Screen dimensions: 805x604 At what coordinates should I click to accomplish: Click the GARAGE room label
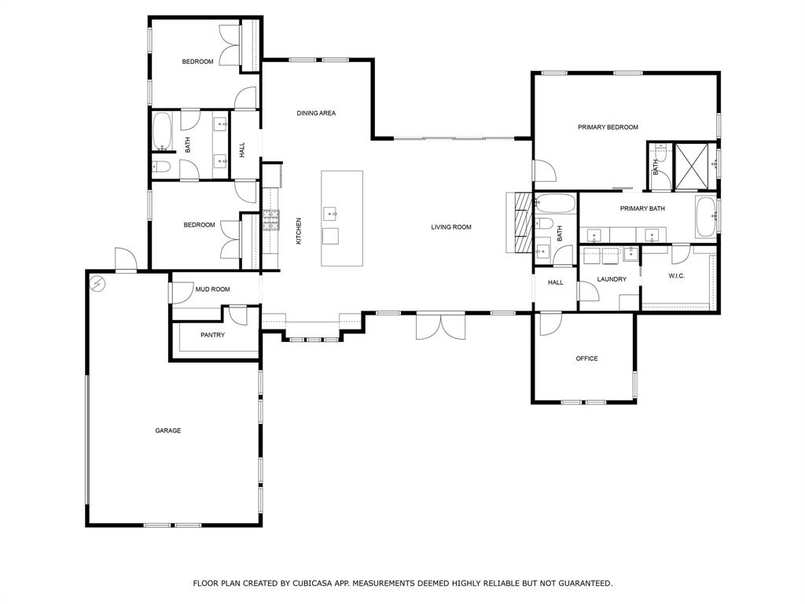(168, 430)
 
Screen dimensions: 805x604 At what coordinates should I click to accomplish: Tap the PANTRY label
(212, 335)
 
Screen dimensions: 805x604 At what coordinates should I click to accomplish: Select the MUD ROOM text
(212, 289)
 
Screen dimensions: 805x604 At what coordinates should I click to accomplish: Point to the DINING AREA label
(316, 113)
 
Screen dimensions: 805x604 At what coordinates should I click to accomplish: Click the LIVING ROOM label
(451, 227)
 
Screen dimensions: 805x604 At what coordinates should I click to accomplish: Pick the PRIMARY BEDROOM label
(608, 127)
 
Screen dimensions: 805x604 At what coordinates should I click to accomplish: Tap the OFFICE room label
(586, 359)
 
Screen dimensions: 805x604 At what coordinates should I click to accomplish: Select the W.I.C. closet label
(677, 276)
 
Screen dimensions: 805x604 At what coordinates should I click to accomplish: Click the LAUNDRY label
(612, 279)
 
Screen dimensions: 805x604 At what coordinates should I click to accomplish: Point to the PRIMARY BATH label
(642, 208)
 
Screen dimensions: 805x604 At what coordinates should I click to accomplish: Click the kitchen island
(342, 219)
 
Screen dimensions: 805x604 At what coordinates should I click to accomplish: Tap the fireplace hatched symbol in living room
(524, 222)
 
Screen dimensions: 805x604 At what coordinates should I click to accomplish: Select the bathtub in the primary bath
(707, 217)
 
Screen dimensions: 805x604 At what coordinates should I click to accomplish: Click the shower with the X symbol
(691, 167)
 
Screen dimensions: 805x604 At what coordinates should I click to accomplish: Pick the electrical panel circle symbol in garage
(97, 283)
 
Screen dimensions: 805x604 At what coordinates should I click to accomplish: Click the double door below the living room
(440, 326)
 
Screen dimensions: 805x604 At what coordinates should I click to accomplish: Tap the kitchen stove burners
(271, 220)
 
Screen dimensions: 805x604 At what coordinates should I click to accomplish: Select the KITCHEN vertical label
(299, 230)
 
